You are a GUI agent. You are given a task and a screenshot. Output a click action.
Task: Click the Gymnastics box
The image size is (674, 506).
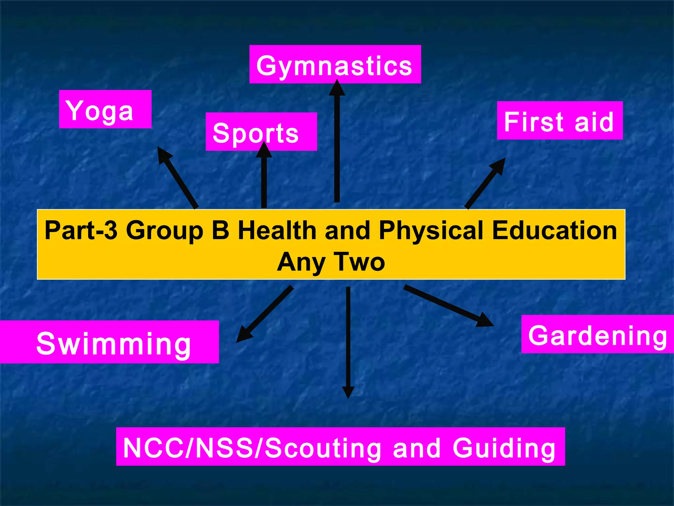[335, 65]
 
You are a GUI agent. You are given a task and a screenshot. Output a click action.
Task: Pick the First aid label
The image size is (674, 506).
[559, 121]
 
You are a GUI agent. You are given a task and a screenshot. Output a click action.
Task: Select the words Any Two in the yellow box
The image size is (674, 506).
[331, 262]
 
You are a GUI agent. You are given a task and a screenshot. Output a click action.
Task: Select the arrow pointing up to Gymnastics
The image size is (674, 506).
[337, 142]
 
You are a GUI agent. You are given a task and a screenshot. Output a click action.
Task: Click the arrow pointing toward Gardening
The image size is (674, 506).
[448, 305]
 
